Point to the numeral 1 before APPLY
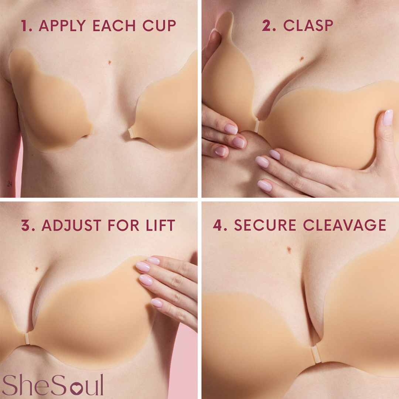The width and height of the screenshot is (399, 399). click(25, 25)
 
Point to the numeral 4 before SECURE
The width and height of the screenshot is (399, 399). click(219, 225)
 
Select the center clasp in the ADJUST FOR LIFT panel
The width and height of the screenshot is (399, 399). click(27, 338)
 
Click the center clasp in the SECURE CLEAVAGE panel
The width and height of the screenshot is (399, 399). click(315, 355)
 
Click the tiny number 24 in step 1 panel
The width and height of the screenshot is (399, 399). click(9, 184)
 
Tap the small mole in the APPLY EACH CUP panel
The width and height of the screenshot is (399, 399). click(110, 62)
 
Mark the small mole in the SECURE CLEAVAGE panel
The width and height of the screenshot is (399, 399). click(289, 250)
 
